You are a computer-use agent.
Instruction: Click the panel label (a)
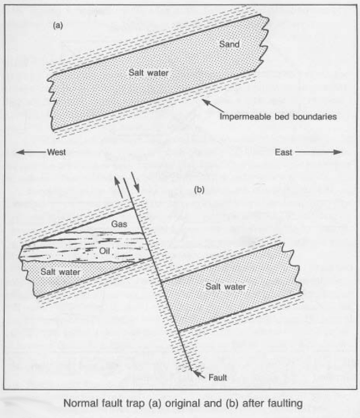[x=58, y=26]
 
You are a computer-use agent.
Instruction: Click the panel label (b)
[x=199, y=189]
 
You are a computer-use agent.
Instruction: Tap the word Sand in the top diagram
[x=229, y=44]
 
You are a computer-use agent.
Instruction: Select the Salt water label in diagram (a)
[x=148, y=73]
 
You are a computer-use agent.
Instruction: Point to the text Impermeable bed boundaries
[x=278, y=117]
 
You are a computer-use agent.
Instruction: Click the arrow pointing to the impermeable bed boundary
[x=213, y=106]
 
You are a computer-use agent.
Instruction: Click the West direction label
[x=57, y=152]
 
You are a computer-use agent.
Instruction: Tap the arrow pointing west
[x=30, y=152]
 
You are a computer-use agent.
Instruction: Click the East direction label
[x=284, y=152]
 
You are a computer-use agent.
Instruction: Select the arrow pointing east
[x=318, y=152]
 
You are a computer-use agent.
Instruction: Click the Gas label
[x=119, y=224]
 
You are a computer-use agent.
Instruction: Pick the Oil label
[x=104, y=251]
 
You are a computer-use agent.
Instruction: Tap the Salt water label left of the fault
[x=60, y=272]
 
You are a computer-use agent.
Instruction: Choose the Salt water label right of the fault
[x=226, y=287]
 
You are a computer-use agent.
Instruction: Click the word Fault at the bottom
[x=218, y=378]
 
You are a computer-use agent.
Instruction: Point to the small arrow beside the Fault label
[x=198, y=374]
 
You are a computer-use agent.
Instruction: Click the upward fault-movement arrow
[x=118, y=187]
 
